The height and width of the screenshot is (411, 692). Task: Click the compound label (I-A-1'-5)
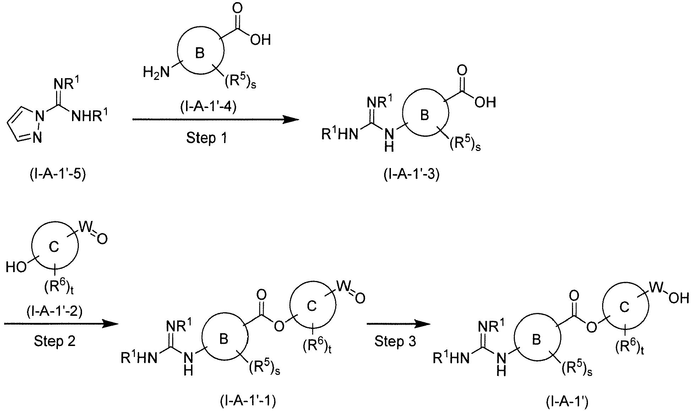click(58, 175)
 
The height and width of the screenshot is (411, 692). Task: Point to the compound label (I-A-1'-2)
click(54, 312)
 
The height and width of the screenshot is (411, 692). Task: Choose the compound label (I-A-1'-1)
click(248, 401)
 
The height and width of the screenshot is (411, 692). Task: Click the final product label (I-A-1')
click(567, 402)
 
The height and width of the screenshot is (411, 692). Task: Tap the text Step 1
click(206, 137)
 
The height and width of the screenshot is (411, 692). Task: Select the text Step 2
click(54, 341)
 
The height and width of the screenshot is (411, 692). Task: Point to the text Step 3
click(396, 341)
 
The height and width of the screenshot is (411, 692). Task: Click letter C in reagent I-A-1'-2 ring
click(54, 247)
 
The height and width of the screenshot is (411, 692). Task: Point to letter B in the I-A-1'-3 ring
click(425, 115)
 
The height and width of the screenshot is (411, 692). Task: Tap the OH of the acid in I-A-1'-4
click(260, 40)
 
